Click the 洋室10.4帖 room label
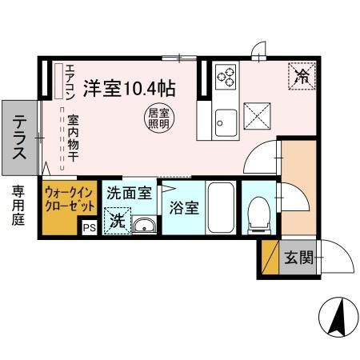130,86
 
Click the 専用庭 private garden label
18,206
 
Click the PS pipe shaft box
88,227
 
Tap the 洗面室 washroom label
128,193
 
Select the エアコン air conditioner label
70,80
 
